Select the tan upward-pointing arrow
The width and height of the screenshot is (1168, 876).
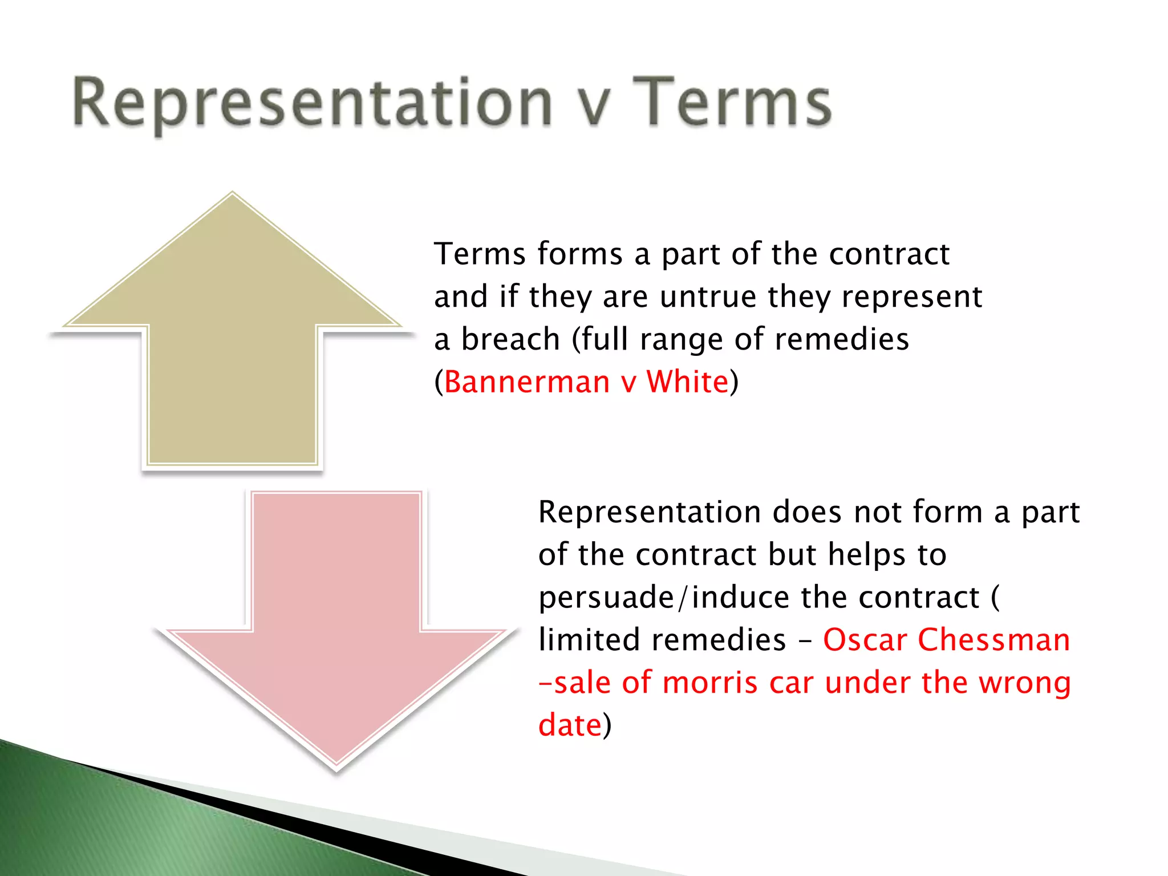232,342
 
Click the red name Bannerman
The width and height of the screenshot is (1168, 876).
527,382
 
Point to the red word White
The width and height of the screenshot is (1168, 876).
687,382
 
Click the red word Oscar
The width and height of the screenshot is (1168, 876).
865,639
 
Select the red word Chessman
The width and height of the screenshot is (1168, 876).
993,639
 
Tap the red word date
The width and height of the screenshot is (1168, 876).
570,725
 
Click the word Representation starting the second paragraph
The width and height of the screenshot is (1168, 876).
650,512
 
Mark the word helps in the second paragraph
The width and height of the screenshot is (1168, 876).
867,554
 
